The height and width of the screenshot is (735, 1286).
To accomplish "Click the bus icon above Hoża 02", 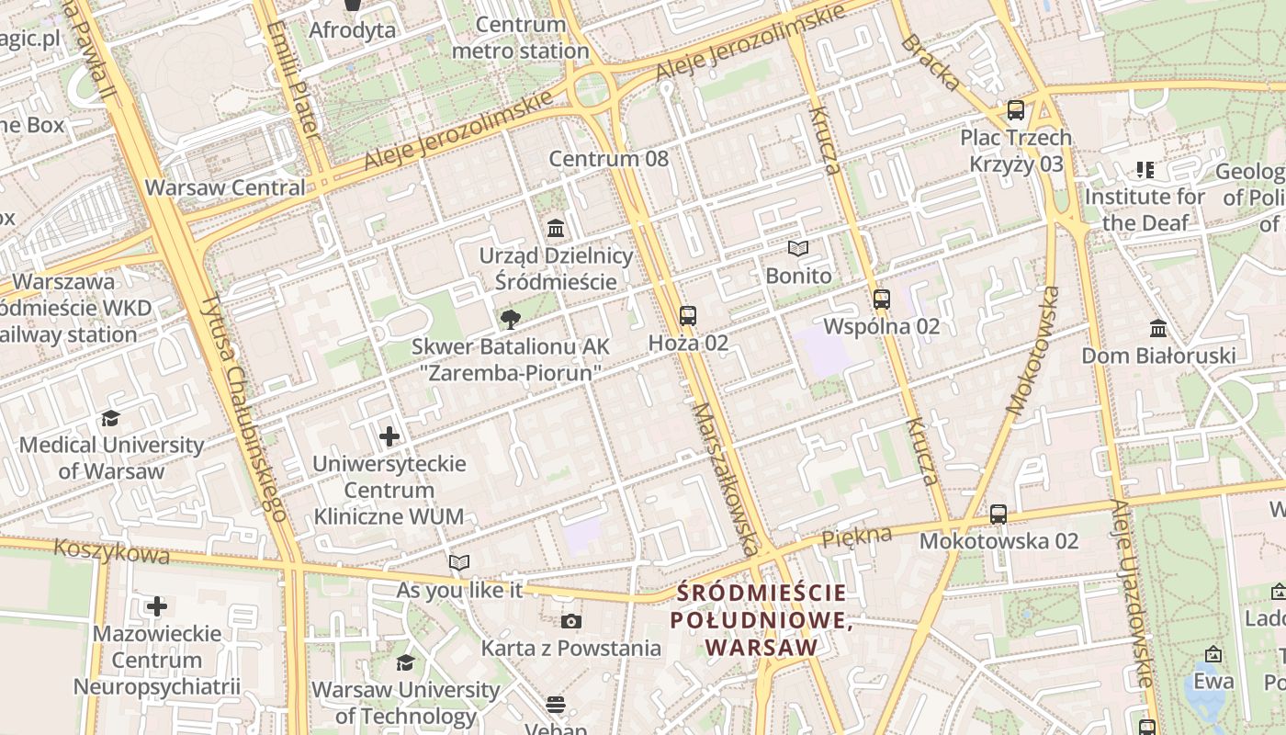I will pos(688,316).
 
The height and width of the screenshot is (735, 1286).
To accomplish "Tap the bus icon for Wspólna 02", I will pos(882,299).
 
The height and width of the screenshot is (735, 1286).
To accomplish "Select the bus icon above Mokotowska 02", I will pos(998,514).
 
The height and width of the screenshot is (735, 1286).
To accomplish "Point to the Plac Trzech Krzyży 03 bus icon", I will pos(1016,110).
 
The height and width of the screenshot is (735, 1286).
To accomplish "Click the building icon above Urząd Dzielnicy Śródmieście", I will pos(556,228).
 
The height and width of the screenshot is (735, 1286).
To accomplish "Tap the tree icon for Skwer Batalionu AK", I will pos(510,320).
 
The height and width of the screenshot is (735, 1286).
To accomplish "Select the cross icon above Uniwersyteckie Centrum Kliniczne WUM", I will pos(389,436).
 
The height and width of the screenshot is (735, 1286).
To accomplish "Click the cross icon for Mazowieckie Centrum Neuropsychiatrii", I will pos(157,606).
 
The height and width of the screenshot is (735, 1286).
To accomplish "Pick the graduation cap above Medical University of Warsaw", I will pos(111,418).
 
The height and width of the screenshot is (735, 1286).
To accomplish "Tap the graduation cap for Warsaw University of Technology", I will pos(405,662).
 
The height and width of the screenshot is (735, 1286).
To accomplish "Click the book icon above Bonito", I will pos(798,249).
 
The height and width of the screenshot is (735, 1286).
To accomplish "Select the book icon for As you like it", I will pos(459,562).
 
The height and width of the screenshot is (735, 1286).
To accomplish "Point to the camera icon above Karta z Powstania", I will pos(571,622).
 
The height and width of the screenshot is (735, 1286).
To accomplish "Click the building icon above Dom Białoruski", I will pos(1158,328).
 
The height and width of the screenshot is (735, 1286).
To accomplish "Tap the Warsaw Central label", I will pos(225,187).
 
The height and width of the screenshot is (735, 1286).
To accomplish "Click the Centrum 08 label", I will pos(609,158).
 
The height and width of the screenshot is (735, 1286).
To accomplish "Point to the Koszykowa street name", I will pos(111,552).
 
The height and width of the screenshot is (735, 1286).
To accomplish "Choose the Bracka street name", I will pos(931,62).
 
